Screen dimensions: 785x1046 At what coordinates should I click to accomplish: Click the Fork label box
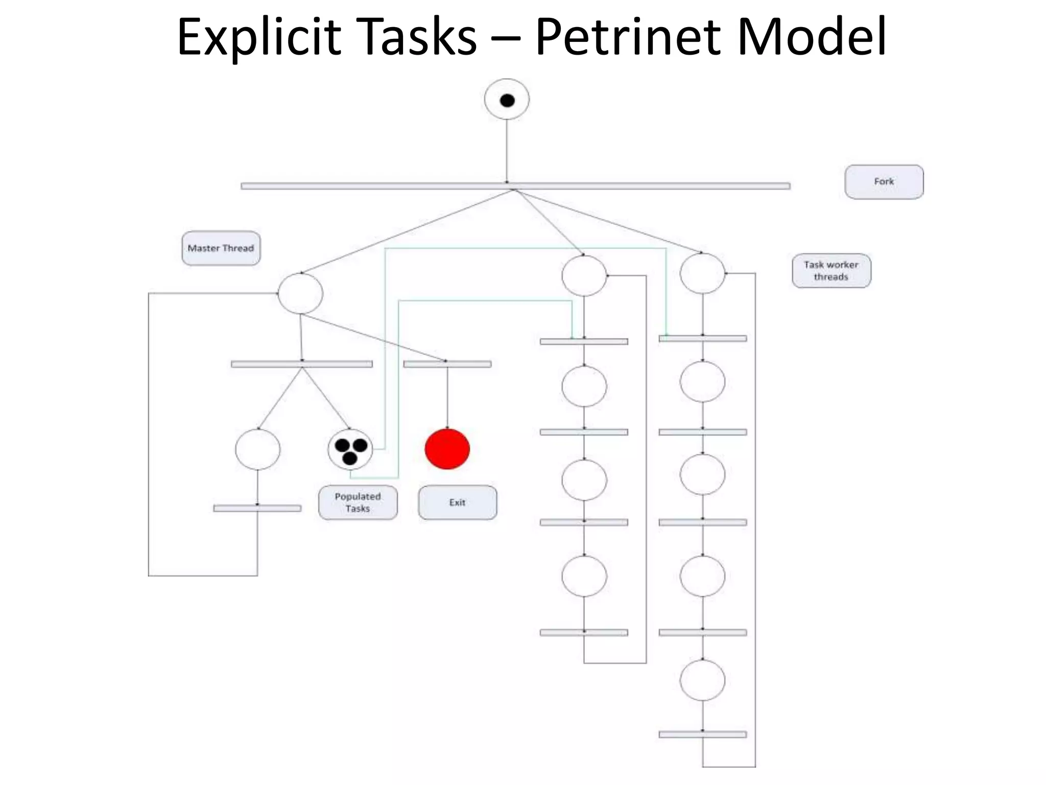click(884, 182)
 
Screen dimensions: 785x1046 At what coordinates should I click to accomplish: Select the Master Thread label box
click(221, 248)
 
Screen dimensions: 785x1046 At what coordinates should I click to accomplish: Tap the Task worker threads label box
click(831, 271)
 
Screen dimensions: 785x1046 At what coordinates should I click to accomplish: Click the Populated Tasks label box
click(358, 502)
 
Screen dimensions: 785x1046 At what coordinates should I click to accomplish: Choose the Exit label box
click(457, 502)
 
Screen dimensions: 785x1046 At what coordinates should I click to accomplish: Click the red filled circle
click(447, 449)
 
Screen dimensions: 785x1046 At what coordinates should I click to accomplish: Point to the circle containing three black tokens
click(350, 449)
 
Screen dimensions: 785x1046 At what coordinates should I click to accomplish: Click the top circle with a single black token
click(507, 100)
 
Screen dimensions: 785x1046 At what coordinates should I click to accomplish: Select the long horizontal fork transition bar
click(515, 186)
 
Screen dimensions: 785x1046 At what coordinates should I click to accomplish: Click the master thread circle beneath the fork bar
click(300, 293)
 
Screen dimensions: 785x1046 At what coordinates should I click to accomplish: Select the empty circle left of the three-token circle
click(257, 449)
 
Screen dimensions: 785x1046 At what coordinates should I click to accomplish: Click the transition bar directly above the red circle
click(447, 364)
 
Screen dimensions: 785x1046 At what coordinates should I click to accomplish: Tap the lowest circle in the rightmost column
click(702, 680)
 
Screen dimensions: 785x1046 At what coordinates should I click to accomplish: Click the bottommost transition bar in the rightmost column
click(702, 734)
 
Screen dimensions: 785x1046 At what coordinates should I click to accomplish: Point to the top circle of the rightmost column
click(702, 273)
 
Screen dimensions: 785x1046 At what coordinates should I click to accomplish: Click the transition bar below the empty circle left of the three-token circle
click(257, 508)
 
